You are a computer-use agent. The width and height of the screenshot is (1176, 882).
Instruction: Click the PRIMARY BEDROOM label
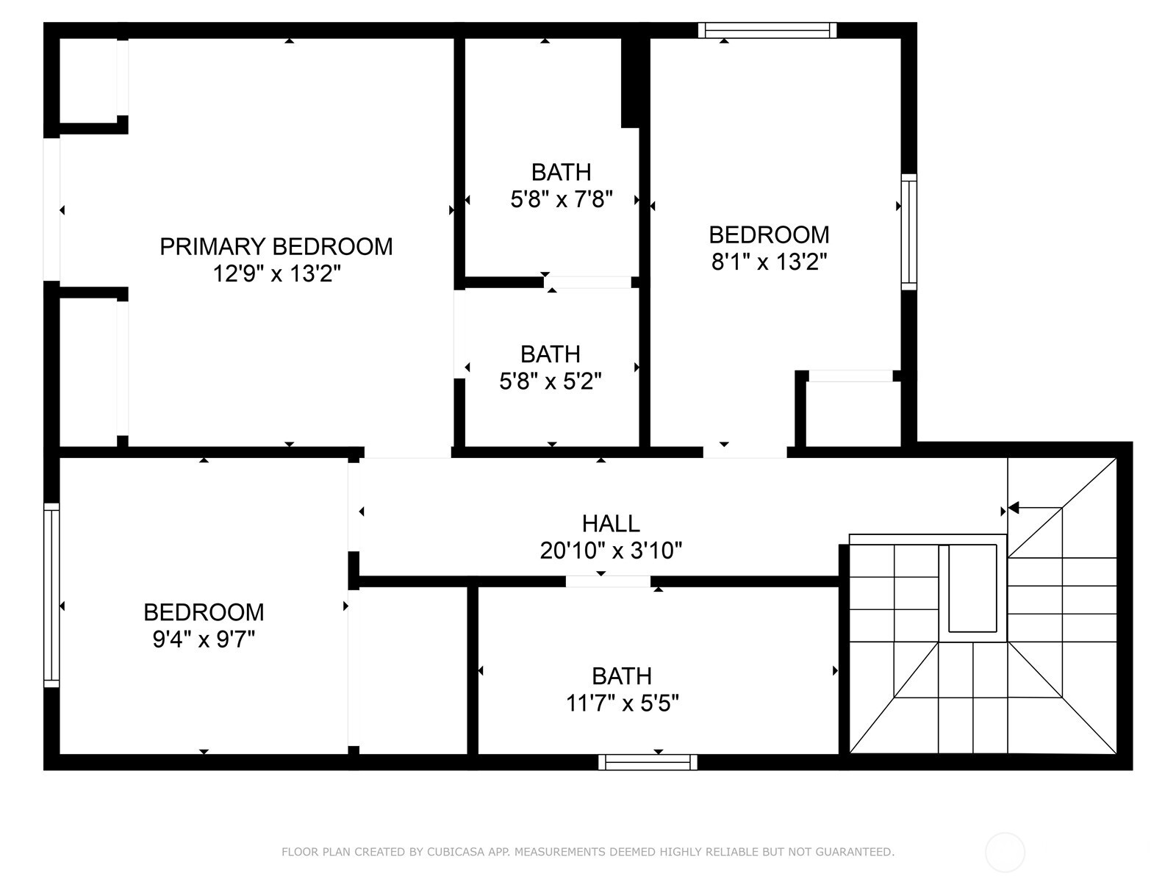[x=276, y=246]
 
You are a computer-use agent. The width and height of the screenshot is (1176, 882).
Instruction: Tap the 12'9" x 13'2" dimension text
[x=276, y=274]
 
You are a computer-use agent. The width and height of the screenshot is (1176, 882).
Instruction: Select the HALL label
[x=611, y=523]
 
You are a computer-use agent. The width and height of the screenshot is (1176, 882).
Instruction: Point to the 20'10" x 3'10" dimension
[x=611, y=551]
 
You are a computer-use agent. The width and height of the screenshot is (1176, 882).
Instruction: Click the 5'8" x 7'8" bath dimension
[x=562, y=199]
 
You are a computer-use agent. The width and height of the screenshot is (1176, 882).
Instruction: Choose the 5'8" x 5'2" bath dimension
[x=551, y=381]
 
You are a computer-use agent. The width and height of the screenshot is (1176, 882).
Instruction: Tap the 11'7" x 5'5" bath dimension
[x=622, y=703]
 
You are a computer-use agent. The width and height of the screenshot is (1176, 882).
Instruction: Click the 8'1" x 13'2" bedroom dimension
[x=769, y=262]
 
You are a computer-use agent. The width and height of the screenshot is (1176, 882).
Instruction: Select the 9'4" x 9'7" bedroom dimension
[x=204, y=639]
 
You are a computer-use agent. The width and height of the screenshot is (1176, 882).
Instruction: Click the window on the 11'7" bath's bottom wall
[x=648, y=762]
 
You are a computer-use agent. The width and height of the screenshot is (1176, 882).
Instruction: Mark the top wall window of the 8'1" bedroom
[x=767, y=30]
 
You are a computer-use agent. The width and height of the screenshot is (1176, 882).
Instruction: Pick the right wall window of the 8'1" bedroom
[x=909, y=232]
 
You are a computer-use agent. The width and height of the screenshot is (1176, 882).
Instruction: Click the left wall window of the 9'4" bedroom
[x=51, y=595]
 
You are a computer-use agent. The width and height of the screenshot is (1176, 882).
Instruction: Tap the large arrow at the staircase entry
[x=1015, y=508]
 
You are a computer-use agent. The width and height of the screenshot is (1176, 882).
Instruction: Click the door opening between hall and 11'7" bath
[x=608, y=581]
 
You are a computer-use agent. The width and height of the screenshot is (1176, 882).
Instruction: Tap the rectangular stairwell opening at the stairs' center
[x=972, y=588]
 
